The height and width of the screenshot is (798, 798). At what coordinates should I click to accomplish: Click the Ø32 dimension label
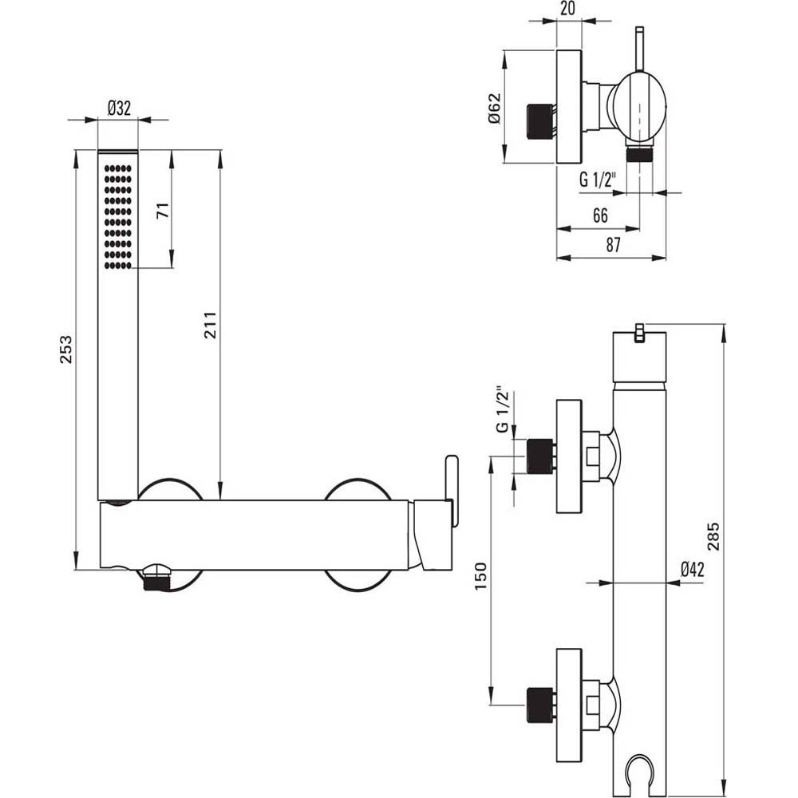[118, 109]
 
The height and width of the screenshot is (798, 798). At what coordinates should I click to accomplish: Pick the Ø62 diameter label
[492, 108]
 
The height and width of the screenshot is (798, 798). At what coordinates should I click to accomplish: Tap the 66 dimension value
[601, 215]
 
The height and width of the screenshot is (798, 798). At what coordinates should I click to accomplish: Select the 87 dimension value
[612, 245]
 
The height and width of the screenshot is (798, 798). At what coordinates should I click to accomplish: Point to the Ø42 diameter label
[691, 568]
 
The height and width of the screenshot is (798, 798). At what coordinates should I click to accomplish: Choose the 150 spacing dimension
[479, 576]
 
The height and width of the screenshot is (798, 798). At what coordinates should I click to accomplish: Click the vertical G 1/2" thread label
[503, 410]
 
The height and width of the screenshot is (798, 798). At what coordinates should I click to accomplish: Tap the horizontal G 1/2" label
[598, 180]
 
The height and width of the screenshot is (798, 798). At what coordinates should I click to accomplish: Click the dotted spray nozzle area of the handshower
[118, 215]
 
